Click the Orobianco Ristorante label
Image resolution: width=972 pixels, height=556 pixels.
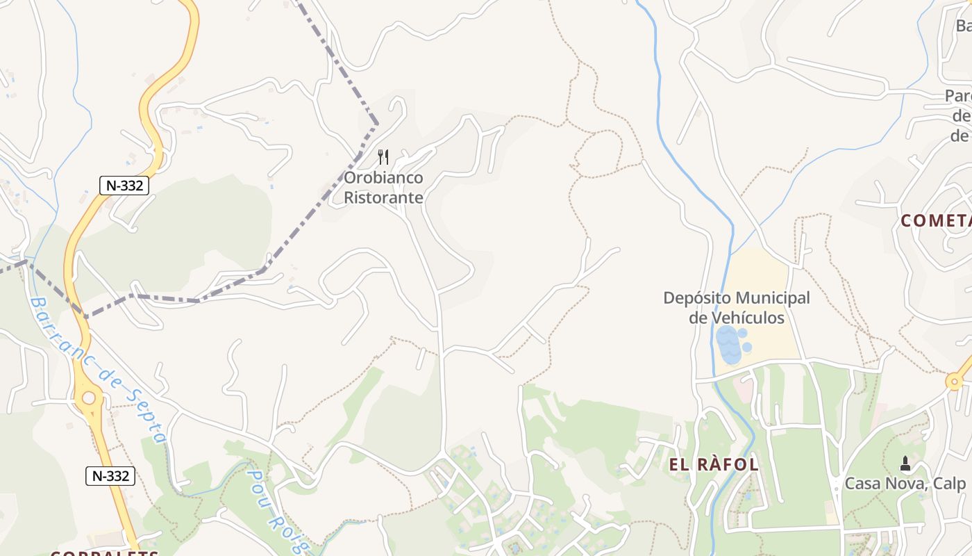(383, 188)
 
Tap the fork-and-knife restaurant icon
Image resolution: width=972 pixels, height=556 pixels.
(383, 156)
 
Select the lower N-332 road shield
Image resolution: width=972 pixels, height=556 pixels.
(110, 476)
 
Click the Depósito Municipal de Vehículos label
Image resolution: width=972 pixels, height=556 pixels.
(737, 308)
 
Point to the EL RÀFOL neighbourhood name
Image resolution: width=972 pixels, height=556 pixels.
(714, 465)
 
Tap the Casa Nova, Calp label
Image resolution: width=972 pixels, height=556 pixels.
(905, 484)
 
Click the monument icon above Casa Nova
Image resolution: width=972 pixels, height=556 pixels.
(905, 463)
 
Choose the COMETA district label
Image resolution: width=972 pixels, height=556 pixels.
(936, 221)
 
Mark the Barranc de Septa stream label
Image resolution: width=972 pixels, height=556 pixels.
(97, 369)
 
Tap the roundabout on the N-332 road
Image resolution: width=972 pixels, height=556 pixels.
(88, 398)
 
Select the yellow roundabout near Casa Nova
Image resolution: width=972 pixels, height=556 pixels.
(955, 381)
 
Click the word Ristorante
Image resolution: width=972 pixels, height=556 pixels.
(383, 197)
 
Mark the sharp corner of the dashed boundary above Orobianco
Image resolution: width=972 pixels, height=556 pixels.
(377, 124)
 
